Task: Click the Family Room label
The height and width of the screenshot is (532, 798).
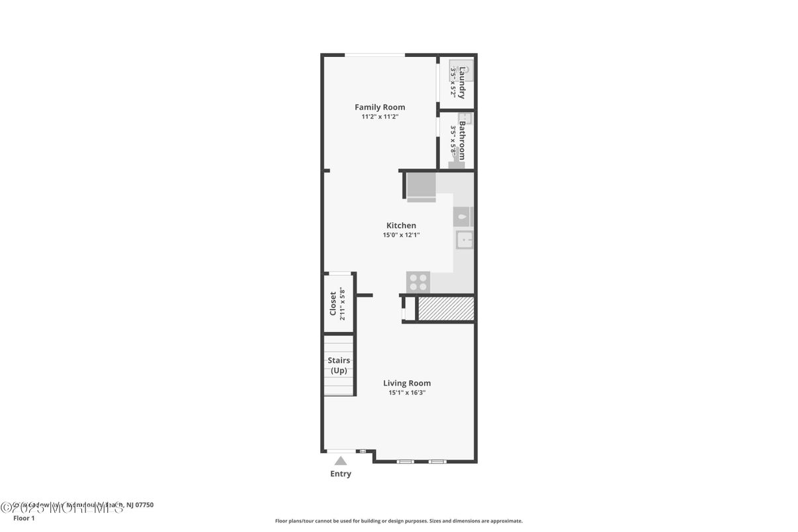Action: (380, 107)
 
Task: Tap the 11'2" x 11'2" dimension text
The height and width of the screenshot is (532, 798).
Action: (380, 116)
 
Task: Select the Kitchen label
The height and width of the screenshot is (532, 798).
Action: (401, 226)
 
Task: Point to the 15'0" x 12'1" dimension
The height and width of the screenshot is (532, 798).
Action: (401, 235)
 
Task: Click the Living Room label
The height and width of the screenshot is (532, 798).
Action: (407, 383)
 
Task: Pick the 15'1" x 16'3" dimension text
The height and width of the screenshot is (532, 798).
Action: (407, 392)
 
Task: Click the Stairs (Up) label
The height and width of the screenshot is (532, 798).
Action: (339, 365)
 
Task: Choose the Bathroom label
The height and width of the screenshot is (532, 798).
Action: (462, 140)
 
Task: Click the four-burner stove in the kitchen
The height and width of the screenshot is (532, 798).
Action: (418, 283)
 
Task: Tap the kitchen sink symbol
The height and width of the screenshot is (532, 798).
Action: (464, 240)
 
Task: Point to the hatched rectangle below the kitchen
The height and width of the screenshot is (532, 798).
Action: (446, 309)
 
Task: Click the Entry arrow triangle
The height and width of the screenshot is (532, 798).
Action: (340, 461)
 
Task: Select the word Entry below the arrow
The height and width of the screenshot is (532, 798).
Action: (341, 474)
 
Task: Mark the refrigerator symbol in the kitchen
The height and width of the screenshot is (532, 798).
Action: (421, 186)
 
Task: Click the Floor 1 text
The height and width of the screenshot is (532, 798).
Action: (24, 518)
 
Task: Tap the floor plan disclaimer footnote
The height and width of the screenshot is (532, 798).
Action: (398, 521)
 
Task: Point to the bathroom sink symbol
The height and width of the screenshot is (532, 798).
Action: (465, 119)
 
